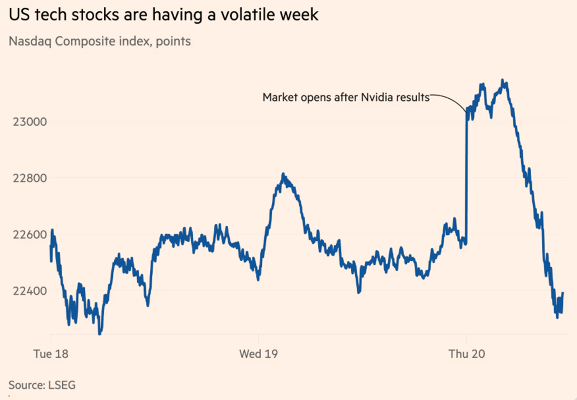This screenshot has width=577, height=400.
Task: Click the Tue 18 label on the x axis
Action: (51, 354)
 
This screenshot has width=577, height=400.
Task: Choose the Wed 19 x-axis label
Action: (258, 354)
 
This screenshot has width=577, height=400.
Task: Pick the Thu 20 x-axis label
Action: (466, 354)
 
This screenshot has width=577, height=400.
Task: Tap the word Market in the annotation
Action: (278, 97)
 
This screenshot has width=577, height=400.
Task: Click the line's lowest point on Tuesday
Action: (100, 334)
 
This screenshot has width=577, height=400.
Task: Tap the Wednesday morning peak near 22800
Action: (283, 174)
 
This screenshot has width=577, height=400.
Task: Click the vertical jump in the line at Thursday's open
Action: (467, 180)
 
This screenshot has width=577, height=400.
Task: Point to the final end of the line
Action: (563, 293)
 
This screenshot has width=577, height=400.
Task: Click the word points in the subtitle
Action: (174, 41)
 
